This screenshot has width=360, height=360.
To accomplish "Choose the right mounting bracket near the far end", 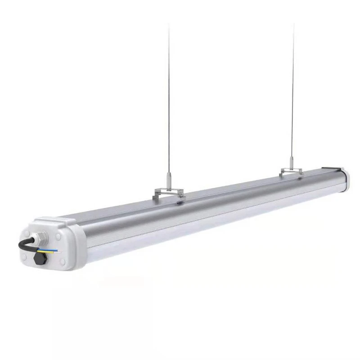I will (x=291, y=172).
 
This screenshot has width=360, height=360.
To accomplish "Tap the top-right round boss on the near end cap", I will (x=58, y=235).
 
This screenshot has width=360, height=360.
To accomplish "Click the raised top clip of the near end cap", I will (x=53, y=220).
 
